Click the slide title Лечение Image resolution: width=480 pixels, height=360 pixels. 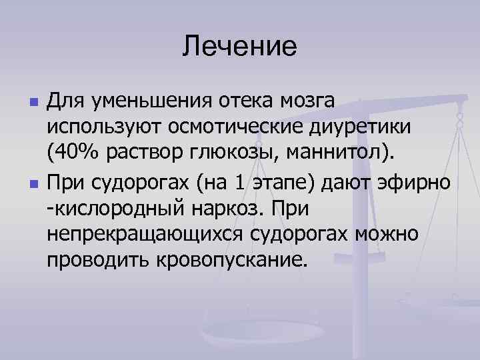[x=239, y=46]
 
